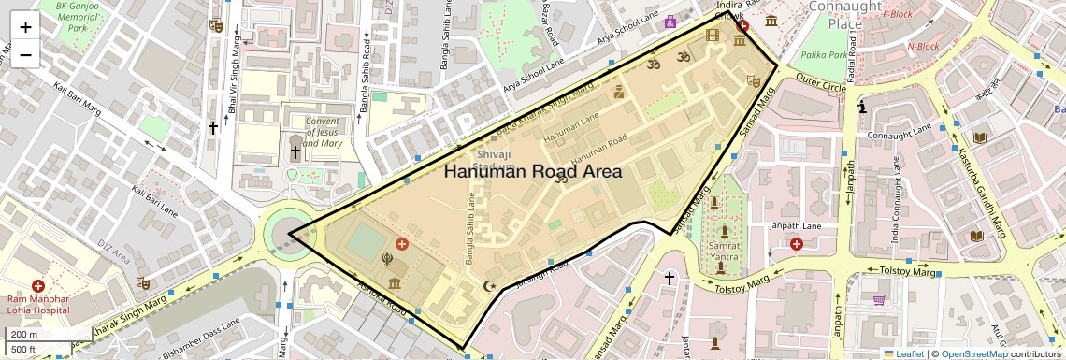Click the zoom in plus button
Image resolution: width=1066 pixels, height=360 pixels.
pyautogui.click(x=25, y=27)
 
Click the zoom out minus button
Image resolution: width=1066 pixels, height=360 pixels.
pyautogui.click(x=25, y=55)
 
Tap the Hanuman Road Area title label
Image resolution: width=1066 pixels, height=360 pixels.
pyautogui.click(x=532, y=171)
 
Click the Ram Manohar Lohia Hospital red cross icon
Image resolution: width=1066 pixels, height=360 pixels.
pyautogui.click(x=38, y=285)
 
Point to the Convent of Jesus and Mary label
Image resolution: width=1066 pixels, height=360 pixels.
pyautogui.click(x=323, y=132)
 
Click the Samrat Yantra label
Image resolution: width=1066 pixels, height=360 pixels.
pyautogui.click(x=725, y=250)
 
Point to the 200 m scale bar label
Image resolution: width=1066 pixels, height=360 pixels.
pyautogui.click(x=25, y=335)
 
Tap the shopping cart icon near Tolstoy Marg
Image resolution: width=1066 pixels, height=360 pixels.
pyautogui.click(x=879, y=300)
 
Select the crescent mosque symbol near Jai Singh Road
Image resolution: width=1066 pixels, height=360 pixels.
pyautogui.click(x=487, y=285)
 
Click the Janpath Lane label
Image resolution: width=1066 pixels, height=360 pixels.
pyautogui.click(x=765, y=225)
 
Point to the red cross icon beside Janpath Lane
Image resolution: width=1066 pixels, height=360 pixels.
pyautogui.click(x=796, y=244)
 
